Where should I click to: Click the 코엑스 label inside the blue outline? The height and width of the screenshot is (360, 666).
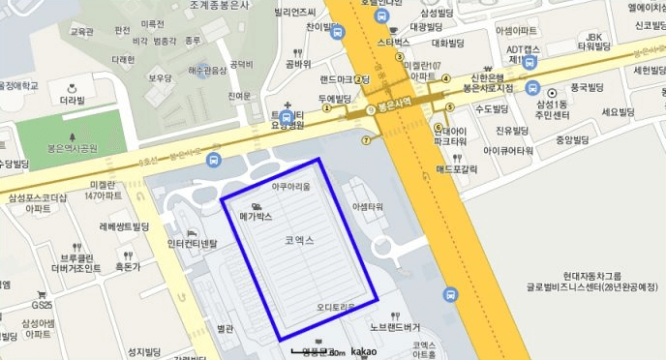click(299, 239)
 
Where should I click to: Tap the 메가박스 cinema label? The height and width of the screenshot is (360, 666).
click(257, 218)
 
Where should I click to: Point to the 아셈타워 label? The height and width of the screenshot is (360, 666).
click(368, 207)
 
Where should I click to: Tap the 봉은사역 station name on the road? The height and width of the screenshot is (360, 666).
click(395, 101)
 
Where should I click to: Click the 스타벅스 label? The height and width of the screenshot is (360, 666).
click(394, 43)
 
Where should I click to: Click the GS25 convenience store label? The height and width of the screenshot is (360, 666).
click(41, 305)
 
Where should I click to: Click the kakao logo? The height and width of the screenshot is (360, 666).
click(363, 350)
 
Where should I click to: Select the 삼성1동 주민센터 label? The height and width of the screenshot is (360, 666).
click(558, 109)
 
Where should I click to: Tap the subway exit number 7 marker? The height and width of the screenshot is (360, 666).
click(366, 139)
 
